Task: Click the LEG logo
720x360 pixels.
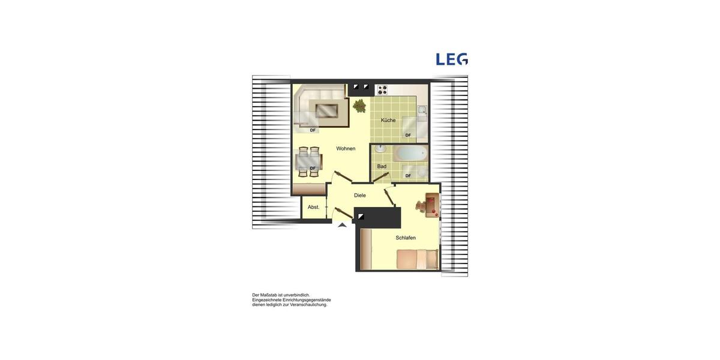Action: [x=451, y=59]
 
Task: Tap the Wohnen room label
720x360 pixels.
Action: [x=346, y=149]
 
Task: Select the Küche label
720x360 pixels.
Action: [x=388, y=120]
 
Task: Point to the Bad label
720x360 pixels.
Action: [x=382, y=166]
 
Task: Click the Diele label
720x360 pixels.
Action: [x=360, y=195]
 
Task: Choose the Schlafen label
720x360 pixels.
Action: [x=406, y=238]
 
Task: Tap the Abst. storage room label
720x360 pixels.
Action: [x=313, y=207]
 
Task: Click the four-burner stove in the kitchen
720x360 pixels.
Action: [x=382, y=90]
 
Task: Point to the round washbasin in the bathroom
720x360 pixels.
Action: [x=380, y=149]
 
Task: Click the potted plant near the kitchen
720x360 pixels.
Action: [x=359, y=106]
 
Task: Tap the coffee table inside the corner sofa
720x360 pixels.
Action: [x=327, y=110]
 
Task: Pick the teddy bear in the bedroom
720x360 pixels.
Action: [x=421, y=206]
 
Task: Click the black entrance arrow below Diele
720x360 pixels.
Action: [x=342, y=225]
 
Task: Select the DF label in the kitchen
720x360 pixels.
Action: [x=408, y=135]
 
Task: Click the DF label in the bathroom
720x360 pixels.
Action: [x=408, y=176]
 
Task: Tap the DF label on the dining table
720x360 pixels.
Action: [x=313, y=168]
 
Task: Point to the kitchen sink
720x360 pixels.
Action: [x=422, y=110]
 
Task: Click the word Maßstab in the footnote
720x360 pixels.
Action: [x=272, y=295]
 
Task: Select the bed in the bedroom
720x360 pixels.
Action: [x=417, y=259]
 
